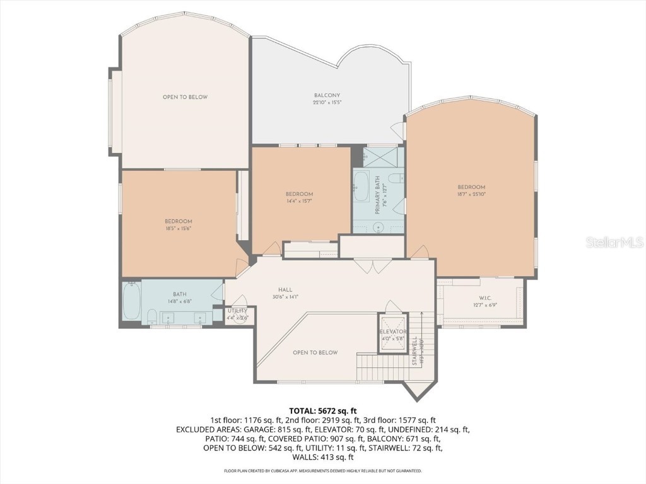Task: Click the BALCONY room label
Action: pos(327,96)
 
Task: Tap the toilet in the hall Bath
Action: pos(152,315)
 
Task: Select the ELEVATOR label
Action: pos(392,331)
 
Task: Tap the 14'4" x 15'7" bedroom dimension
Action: pos(299,201)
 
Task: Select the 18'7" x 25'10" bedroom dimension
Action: pos(471,195)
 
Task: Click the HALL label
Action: pos(286,289)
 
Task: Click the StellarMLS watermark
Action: pos(614,242)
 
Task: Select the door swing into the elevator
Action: pos(392,307)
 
